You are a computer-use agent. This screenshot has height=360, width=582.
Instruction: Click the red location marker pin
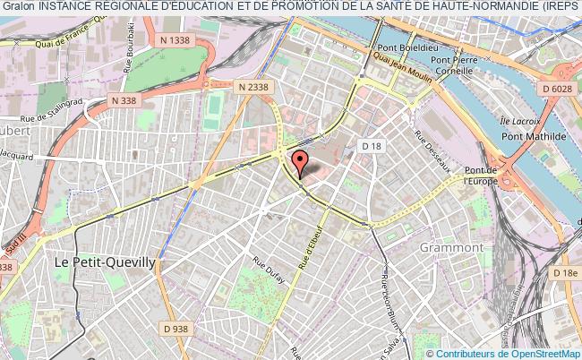(300, 162)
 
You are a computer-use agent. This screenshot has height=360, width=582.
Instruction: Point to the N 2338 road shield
(253, 86)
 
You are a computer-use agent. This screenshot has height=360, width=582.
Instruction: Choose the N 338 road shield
(124, 101)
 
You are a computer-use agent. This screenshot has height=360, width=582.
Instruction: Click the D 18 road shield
(371, 144)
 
